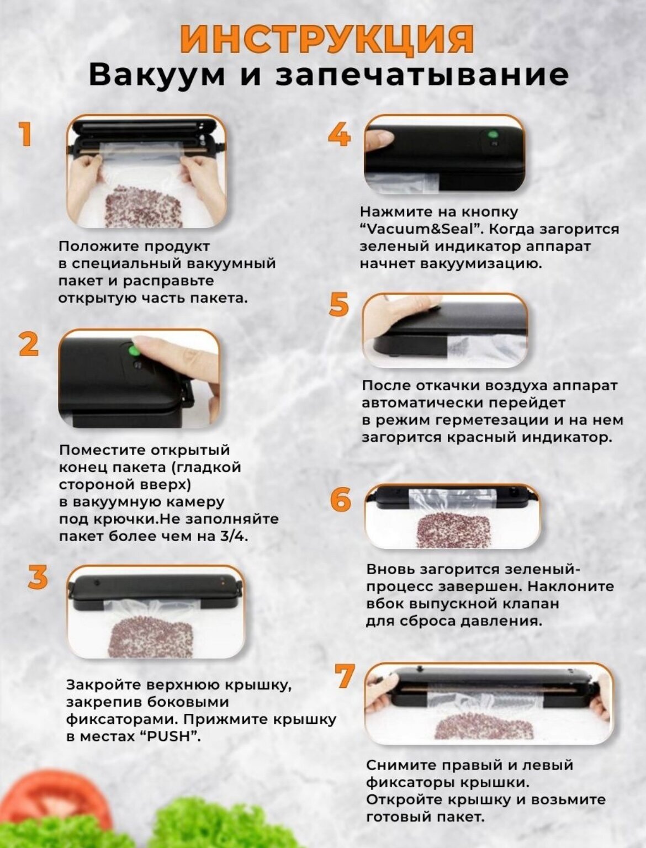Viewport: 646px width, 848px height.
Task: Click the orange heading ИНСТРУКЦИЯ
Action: pyautogui.click(x=326, y=40)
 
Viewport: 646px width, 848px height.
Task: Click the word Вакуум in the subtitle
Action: pyautogui.click(x=156, y=76)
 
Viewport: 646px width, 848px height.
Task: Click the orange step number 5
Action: pyautogui.click(x=339, y=304)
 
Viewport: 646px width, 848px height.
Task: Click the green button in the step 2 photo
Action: pyautogui.click(x=134, y=351)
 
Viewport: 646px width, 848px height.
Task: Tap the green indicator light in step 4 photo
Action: pyautogui.click(x=493, y=135)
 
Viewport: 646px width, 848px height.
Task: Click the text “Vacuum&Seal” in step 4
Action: pyautogui.click(x=419, y=229)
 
